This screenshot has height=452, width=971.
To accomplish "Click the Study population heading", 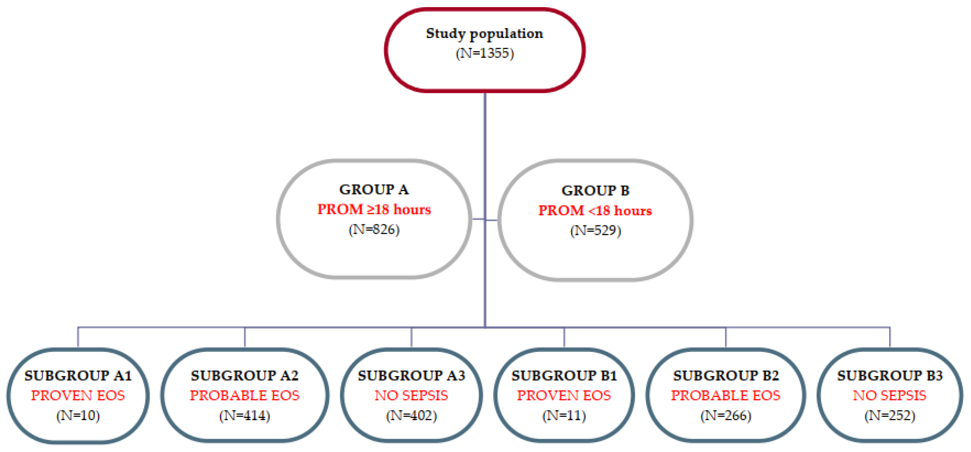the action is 484,34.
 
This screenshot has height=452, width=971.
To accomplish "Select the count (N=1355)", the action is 484,53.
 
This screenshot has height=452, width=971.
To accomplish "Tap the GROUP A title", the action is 374,190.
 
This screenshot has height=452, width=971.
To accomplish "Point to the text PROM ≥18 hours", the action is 374,210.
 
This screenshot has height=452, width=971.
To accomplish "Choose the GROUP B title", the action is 595,191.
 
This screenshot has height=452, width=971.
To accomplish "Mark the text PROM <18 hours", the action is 595,211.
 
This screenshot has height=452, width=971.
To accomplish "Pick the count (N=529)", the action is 595,230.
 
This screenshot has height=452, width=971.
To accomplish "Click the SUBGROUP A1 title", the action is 78,375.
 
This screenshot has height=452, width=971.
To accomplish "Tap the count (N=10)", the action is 78,415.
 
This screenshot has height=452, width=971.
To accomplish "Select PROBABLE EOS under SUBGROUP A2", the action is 245,396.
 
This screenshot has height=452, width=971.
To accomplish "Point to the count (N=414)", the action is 245,415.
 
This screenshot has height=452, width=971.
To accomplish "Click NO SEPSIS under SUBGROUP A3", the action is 411,396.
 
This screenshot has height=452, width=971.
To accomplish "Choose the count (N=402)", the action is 411,415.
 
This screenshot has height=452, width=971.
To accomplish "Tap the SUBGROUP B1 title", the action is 564,375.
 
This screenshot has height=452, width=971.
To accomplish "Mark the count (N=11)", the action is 564,415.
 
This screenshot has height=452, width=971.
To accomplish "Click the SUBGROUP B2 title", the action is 726,375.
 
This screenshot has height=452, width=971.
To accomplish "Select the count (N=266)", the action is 726,415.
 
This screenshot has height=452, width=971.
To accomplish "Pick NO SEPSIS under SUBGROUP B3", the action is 890,396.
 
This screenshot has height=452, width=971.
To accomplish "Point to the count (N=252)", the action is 890,415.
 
